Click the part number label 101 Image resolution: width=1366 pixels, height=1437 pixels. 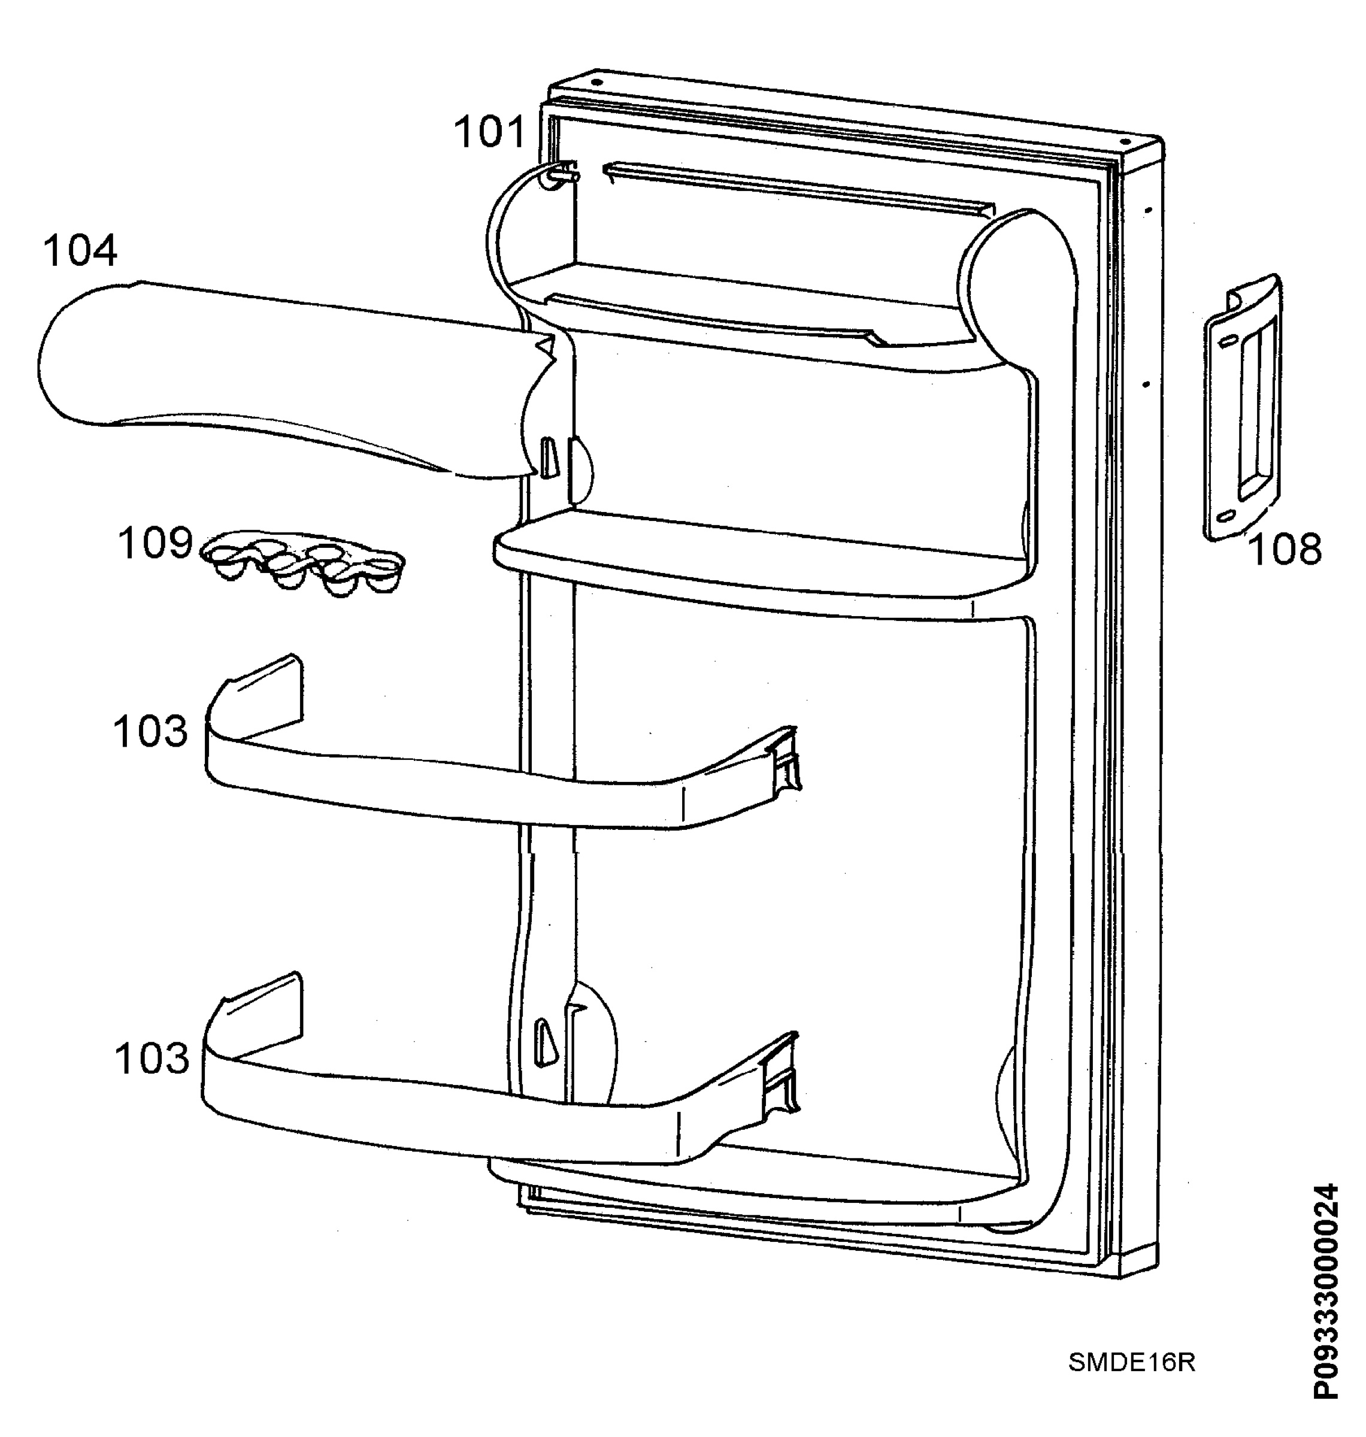[x=489, y=133]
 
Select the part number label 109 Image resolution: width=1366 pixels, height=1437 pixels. [x=155, y=544]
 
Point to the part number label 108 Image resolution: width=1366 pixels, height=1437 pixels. [x=1285, y=550]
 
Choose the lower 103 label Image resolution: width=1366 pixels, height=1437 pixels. [x=152, y=1059]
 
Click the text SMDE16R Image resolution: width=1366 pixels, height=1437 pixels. [x=1131, y=1363]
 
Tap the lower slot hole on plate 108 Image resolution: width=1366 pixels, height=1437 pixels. [x=1227, y=516]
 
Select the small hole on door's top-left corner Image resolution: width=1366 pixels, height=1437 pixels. [x=596, y=81]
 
